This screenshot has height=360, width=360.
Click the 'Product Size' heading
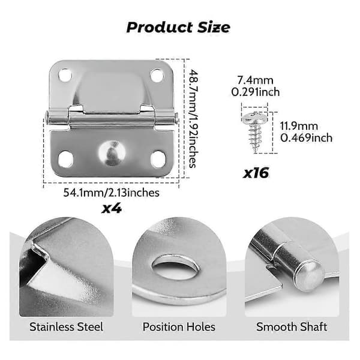pos(178,28)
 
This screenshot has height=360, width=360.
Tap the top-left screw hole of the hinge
pos(65,75)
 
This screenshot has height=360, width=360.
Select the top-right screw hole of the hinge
pos(157,76)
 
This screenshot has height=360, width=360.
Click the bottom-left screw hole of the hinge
pos(65,159)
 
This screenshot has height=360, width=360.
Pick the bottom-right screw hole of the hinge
pos(158,159)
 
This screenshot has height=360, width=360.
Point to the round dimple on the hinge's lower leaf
pos(112,152)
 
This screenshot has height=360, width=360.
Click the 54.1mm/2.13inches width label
pos(112,193)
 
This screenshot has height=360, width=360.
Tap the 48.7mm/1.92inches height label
pos(193,119)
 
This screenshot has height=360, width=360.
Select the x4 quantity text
pos(112,208)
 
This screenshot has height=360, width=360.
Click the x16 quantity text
pos(256,173)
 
